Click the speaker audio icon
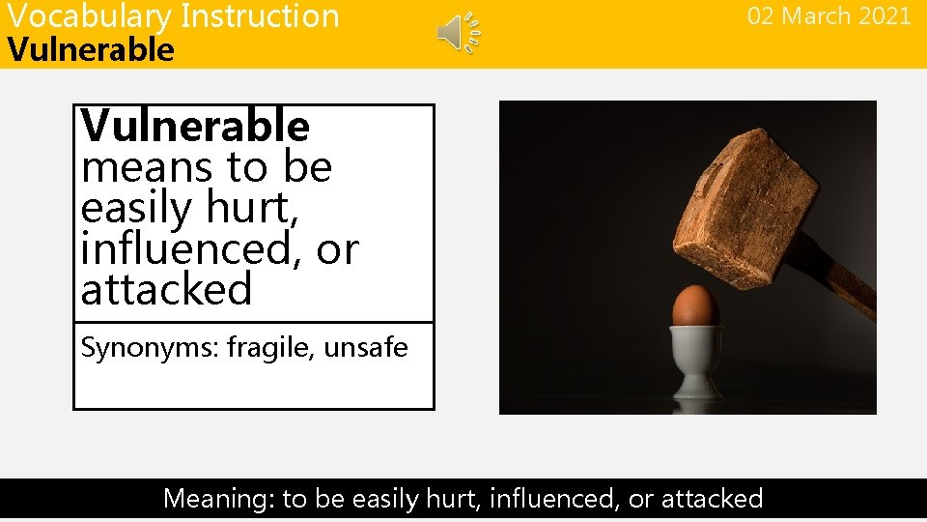pyautogui.click(x=458, y=33)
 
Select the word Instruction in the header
pyautogui.click(x=260, y=16)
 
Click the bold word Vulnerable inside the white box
pyautogui.click(x=195, y=127)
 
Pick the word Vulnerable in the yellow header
pyautogui.click(x=91, y=50)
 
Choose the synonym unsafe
pyautogui.click(x=366, y=348)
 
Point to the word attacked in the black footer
pyautogui.click(x=709, y=499)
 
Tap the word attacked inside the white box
pyautogui.click(x=166, y=289)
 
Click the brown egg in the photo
pyautogui.click(x=695, y=306)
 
